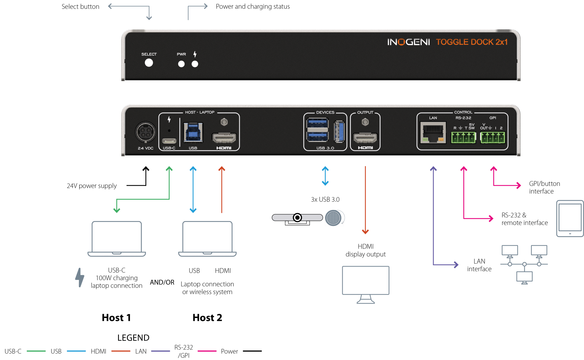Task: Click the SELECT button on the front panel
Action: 149,63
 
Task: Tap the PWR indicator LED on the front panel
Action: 181,64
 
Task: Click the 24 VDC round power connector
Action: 145,132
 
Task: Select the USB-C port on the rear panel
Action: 169,141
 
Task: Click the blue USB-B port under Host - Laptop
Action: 193,132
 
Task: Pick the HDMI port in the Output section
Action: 365,138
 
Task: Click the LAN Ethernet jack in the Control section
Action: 433,132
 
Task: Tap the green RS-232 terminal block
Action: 463,137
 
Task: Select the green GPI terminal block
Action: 492,137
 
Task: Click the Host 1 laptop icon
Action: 117,238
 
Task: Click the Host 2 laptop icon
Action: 207,238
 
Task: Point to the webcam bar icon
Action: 297,219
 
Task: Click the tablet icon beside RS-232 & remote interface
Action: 570,219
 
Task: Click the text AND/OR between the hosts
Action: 162,282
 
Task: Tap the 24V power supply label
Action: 92,186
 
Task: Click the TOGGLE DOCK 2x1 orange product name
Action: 472,42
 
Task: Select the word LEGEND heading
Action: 133,338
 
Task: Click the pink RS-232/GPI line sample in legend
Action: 207,351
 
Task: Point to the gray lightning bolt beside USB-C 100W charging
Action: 80,277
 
